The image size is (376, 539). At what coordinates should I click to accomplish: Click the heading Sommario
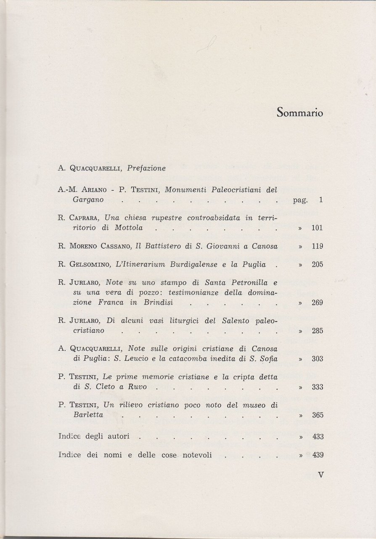pyautogui.click(x=300, y=113)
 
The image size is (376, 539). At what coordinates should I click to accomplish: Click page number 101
pyautogui.click(x=317, y=228)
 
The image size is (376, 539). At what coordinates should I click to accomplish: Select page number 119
pyautogui.click(x=317, y=246)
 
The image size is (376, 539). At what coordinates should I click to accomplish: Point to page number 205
pyautogui.click(x=317, y=265)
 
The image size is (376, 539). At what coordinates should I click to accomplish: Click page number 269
pyautogui.click(x=317, y=303)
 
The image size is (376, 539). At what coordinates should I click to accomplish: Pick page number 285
pyautogui.click(x=317, y=331)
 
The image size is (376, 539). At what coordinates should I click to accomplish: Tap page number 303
pyautogui.click(x=317, y=359)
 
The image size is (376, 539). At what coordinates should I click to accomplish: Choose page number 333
pyautogui.click(x=317, y=387)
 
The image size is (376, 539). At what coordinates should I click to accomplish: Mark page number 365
pyautogui.click(x=317, y=415)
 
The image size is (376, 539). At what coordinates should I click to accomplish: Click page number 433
pyautogui.click(x=317, y=437)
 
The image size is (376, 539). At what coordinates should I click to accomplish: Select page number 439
pyautogui.click(x=317, y=455)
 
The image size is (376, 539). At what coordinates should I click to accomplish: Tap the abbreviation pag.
pyautogui.click(x=300, y=200)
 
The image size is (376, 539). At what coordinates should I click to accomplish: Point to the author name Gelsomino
pyautogui.click(x=87, y=265)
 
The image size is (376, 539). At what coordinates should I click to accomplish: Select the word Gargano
pyautogui.click(x=87, y=200)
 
